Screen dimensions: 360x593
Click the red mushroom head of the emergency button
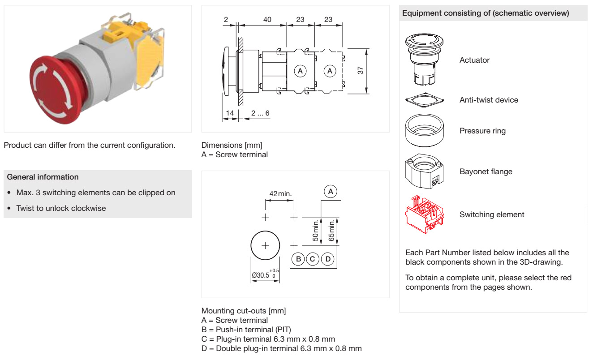(53, 90)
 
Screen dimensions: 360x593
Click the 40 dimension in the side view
(267, 19)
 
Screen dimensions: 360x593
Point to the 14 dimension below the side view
(230, 113)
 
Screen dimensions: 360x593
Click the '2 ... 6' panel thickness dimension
(260, 113)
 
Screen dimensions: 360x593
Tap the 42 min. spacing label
(280, 194)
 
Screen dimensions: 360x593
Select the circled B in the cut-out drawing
(298, 259)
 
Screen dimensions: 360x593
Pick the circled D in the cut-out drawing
(328, 259)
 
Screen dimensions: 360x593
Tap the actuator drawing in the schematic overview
(424, 60)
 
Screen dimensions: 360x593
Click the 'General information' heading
(43, 177)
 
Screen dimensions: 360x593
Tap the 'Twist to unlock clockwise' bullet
(61, 208)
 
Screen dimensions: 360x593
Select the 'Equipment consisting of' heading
(486, 13)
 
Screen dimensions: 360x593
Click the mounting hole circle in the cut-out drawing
(265, 245)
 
